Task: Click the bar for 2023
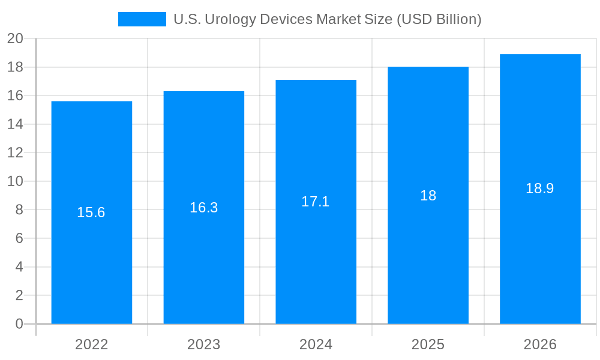point(203,252)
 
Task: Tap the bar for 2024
point(316,252)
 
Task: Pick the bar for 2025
point(428,252)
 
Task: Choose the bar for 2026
point(540,252)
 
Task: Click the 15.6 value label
point(91,212)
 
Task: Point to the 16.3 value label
point(203,208)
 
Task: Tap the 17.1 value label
point(316,202)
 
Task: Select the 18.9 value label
point(540,188)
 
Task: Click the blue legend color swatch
point(142,19)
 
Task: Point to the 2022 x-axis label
point(91,344)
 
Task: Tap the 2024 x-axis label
point(316,344)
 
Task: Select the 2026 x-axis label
point(540,344)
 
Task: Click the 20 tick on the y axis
point(15,39)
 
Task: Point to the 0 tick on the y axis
point(19,324)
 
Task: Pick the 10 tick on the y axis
point(15,181)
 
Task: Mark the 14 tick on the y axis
point(15,124)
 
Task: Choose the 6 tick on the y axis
point(19,238)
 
